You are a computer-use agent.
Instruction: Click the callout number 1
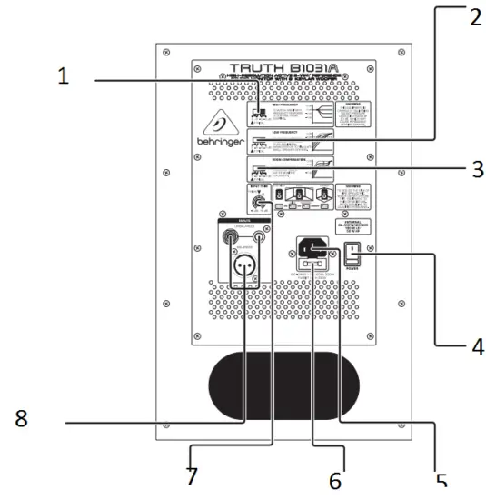tap(63, 76)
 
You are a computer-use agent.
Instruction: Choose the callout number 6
tap(335, 479)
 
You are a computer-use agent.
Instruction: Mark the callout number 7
tap(191, 475)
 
